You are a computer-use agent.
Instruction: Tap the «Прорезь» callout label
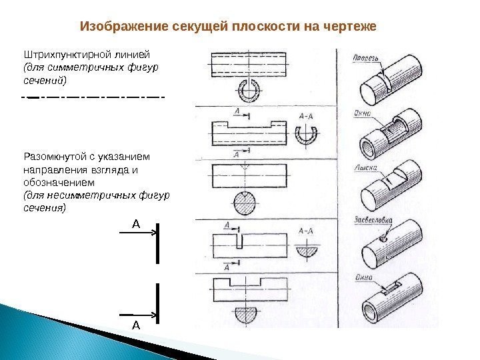367,58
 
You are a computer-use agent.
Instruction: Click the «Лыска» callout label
366,168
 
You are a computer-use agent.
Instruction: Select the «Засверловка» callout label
373,221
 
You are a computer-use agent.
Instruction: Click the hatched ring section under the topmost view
248,89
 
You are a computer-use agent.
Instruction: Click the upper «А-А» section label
307,117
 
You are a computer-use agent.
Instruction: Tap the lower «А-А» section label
307,231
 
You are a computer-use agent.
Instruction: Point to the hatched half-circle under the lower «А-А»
307,251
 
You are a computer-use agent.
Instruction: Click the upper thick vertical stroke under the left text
157,243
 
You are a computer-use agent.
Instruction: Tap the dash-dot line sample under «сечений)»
93,99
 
